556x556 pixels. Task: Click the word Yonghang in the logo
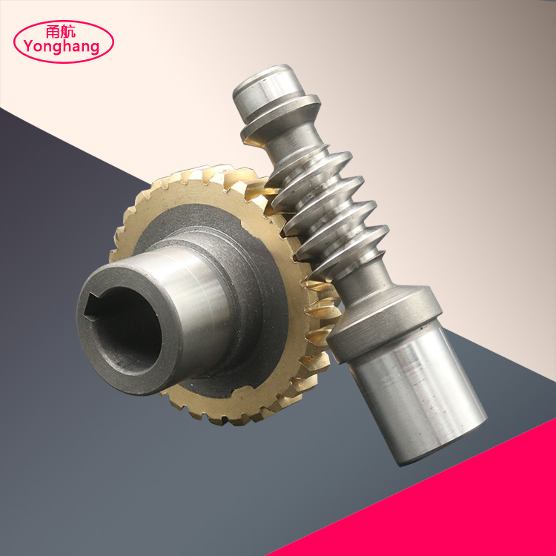click(x=62, y=47)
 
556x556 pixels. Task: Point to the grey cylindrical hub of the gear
click(x=200, y=297)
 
